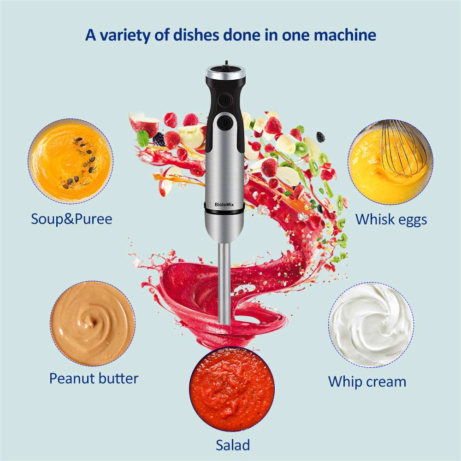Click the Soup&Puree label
point(71,219)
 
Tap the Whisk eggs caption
point(391,219)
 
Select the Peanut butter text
point(94,378)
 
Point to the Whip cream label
point(367,381)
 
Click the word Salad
point(233,445)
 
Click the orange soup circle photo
point(70,161)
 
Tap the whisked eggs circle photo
point(390,161)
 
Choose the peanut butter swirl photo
point(93,323)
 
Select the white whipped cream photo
point(371,325)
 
